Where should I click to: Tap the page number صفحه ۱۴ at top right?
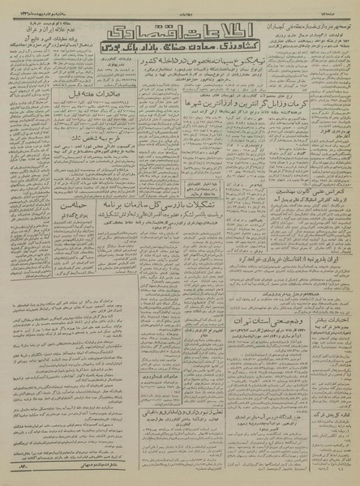(x=341, y=6)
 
